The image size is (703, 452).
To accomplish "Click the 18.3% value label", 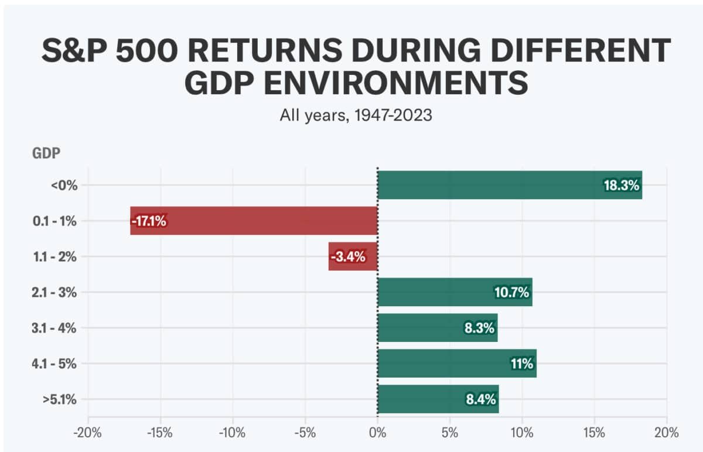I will point(622,186).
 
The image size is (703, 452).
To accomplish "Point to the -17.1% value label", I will point(149,221).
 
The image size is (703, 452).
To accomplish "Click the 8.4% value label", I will point(480,400).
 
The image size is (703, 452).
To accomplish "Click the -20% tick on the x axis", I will point(88,433).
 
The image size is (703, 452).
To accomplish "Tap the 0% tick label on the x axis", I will point(378,433).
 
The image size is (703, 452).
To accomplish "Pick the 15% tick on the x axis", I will point(595,433).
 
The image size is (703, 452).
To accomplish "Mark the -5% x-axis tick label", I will point(305,433).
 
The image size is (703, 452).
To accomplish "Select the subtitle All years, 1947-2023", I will point(356,115).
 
